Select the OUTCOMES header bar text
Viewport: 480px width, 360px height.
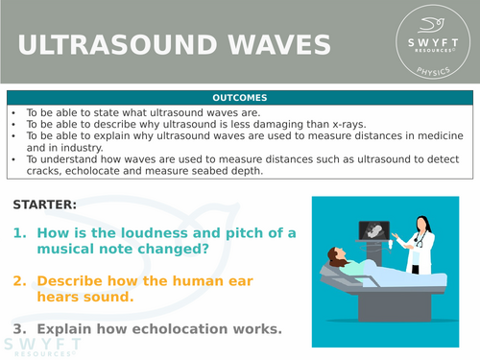coord(239,98)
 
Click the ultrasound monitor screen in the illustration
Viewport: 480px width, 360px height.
coord(372,231)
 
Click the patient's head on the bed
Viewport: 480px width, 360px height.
coord(337,257)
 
